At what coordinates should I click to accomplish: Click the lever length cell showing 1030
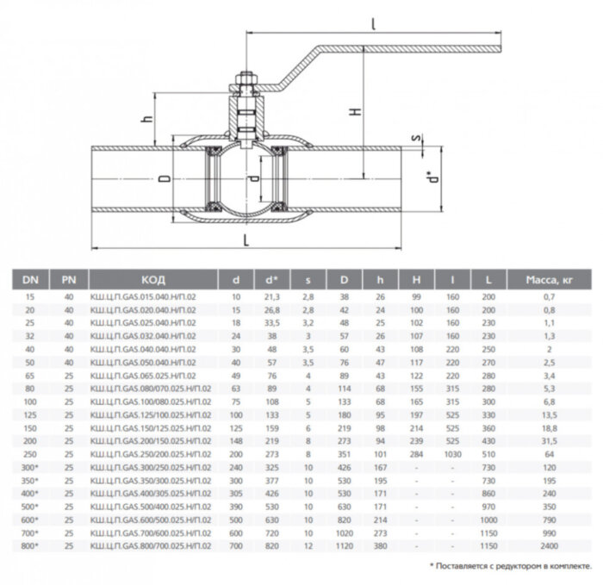point(450,454)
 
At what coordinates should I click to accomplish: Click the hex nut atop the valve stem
point(244,84)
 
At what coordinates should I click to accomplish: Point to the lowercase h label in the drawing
point(146,120)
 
